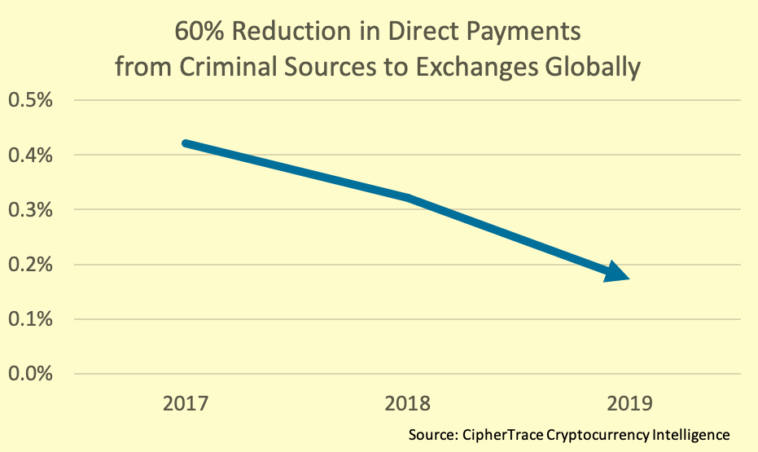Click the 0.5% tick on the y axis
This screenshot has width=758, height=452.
coord(30,100)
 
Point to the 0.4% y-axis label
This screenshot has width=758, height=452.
coord(30,155)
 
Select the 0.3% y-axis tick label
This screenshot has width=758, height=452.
coord(30,209)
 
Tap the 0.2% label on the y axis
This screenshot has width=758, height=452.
coord(30,265)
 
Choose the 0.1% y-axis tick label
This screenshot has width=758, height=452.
coord(30,319)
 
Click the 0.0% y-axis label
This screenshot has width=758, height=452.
coord(30,374)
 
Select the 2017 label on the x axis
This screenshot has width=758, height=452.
coord(185,403)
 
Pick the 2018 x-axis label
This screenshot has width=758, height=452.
coord(408,403)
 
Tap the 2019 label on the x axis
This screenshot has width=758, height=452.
coord(629,403)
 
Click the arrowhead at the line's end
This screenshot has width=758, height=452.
coord(616,272)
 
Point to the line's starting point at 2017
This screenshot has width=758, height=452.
coord(186,143)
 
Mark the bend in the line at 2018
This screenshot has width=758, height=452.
coord(409,198)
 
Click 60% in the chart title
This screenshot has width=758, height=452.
coord(199,32)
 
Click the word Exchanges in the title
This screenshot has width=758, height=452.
coord(477,68)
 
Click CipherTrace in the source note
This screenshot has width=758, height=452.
coord(503,435)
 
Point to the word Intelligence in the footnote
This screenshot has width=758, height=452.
coord(690,435)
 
